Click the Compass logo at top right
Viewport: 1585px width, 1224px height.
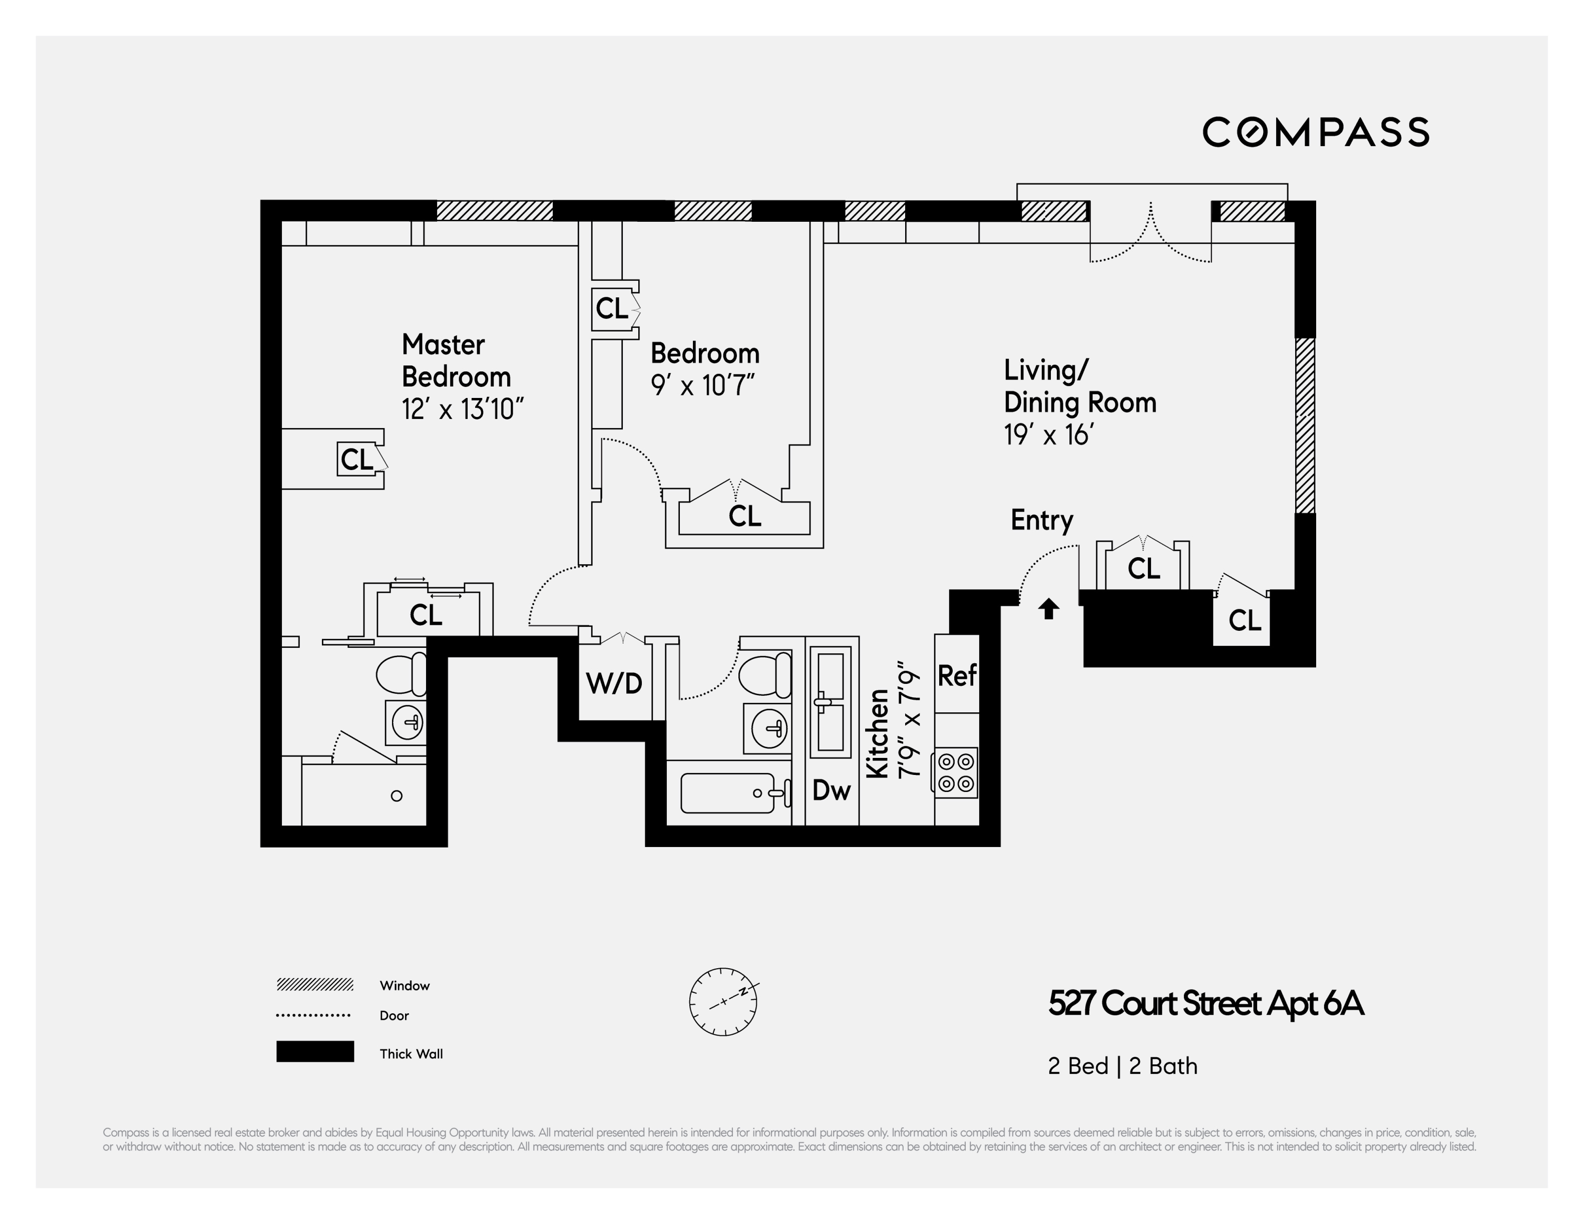click(1315, 132)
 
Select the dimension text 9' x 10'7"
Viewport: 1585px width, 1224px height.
click(702, 385)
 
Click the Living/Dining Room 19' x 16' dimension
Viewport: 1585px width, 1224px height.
click(1049, 435)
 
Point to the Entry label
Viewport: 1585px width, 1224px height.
click(1041, 520)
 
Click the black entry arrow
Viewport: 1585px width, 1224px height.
click(1048, 609)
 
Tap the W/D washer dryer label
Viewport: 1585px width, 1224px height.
click(614, 683)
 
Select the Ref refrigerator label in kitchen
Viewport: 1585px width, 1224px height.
click(957, 675)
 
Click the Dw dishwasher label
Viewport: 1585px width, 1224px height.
click(831, 790)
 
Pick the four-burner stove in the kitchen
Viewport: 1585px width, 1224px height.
click(956, 773)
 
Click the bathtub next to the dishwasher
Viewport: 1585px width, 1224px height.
click(728, 793)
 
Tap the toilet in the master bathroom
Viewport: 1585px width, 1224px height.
click(402, 674)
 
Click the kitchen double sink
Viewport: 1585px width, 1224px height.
click(830, 701)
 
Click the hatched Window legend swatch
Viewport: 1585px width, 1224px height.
click(315, 985)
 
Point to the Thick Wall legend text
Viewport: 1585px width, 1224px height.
click(411, 1053)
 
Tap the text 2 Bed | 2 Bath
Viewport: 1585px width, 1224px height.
click(1122, 1066)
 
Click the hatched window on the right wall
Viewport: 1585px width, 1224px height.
click(1305, 425)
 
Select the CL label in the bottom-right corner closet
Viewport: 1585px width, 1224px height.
click(1245, 620)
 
